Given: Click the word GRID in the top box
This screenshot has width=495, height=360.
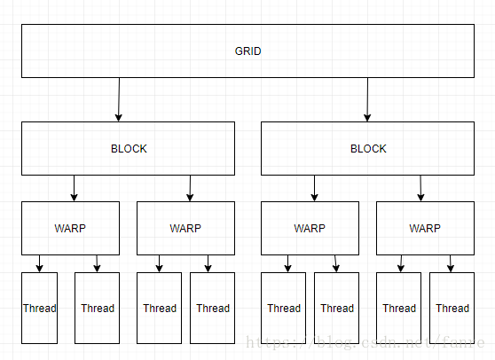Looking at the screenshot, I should (247, 51).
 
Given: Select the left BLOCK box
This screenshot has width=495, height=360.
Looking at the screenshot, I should (129, 148).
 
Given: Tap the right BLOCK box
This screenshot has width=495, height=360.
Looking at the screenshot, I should (368, 148).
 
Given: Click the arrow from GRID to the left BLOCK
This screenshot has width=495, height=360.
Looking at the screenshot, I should (118, 99).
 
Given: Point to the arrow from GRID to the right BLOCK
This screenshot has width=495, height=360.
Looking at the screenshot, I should (366, 99).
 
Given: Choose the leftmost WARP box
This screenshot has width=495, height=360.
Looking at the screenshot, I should (71, 228).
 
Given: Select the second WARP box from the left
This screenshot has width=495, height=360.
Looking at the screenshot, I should (185, 228).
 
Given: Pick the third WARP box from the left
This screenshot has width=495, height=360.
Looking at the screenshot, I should (310, 228).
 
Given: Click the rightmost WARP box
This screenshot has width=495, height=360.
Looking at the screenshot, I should (425, 228).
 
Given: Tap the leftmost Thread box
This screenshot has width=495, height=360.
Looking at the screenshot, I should (40, 308).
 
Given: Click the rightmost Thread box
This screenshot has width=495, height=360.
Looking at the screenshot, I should (452, 308).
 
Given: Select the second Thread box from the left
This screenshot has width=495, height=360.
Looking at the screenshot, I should (98, 308).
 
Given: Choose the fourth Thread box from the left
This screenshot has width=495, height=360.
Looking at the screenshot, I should (213, 308).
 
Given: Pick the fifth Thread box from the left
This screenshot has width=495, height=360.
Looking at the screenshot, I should (284, 308).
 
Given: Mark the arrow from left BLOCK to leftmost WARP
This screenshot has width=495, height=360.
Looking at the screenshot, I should (74, 188).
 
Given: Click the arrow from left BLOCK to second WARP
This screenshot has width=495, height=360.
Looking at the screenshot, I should (190, 188).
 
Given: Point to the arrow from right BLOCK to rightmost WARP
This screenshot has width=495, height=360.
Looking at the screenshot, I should (420, 188).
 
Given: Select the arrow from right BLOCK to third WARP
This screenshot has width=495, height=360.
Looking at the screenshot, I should (314, 188).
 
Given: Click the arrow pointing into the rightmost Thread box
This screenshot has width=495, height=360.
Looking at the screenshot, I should (451, 263).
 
